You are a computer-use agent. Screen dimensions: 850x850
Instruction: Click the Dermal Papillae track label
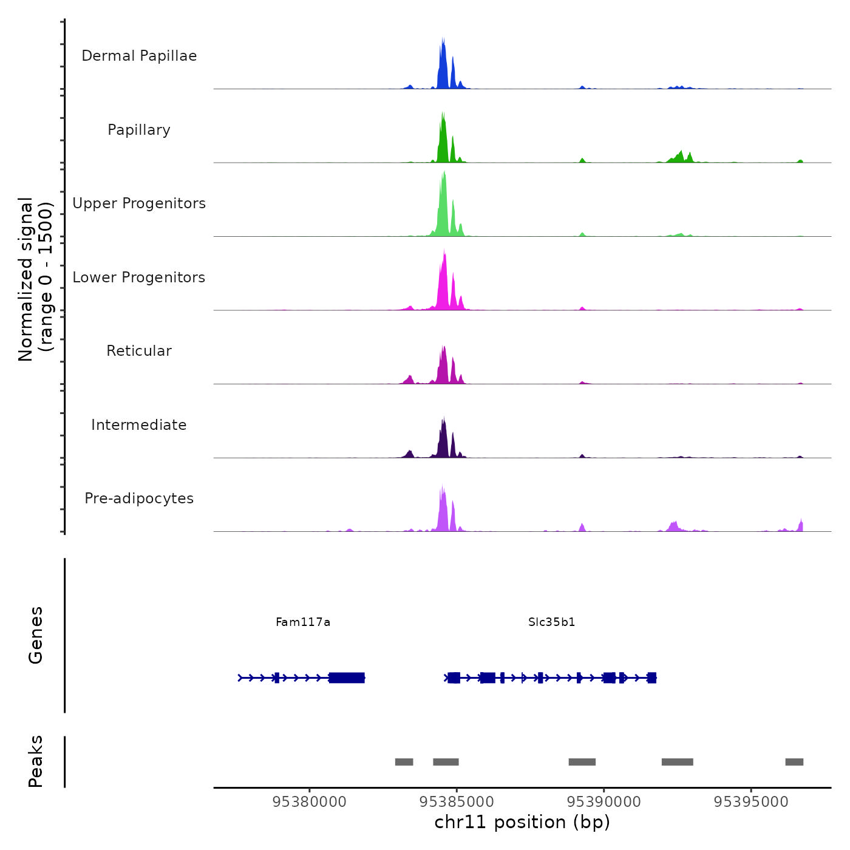(x=139, y=56)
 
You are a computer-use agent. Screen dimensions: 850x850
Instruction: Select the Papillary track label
(x=139, y=130)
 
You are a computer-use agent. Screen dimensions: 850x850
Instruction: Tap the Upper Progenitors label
(x=139, y=203)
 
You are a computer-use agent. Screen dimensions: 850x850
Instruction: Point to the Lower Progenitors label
(x=139, y=277)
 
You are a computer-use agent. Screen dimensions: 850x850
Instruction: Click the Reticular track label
(x=139, y=351)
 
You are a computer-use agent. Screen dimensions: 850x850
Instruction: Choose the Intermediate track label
(x=139, y=425)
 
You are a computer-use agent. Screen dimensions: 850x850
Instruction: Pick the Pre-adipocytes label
(x=139, y=498)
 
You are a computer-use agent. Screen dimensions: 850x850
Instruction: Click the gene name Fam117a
(x=303, y=622)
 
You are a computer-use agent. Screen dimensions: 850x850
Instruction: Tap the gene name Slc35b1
(x=551, y=622)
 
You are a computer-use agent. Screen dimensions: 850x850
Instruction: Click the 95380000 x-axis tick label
(x=310, y=802)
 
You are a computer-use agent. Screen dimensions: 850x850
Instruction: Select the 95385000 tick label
(x=457, y=802)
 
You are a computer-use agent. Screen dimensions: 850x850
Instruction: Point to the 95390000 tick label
(x=603, y=802)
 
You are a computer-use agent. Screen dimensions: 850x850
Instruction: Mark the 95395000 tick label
(x=751, y=802)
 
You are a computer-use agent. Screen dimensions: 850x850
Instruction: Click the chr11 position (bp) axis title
(x=522, y=822)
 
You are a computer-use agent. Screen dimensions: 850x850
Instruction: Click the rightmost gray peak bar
(x=794, y=762)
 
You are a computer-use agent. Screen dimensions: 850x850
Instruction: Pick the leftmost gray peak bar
(x=404, y=762)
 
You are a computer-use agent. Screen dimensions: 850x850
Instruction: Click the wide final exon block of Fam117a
(x=347, y=678)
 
